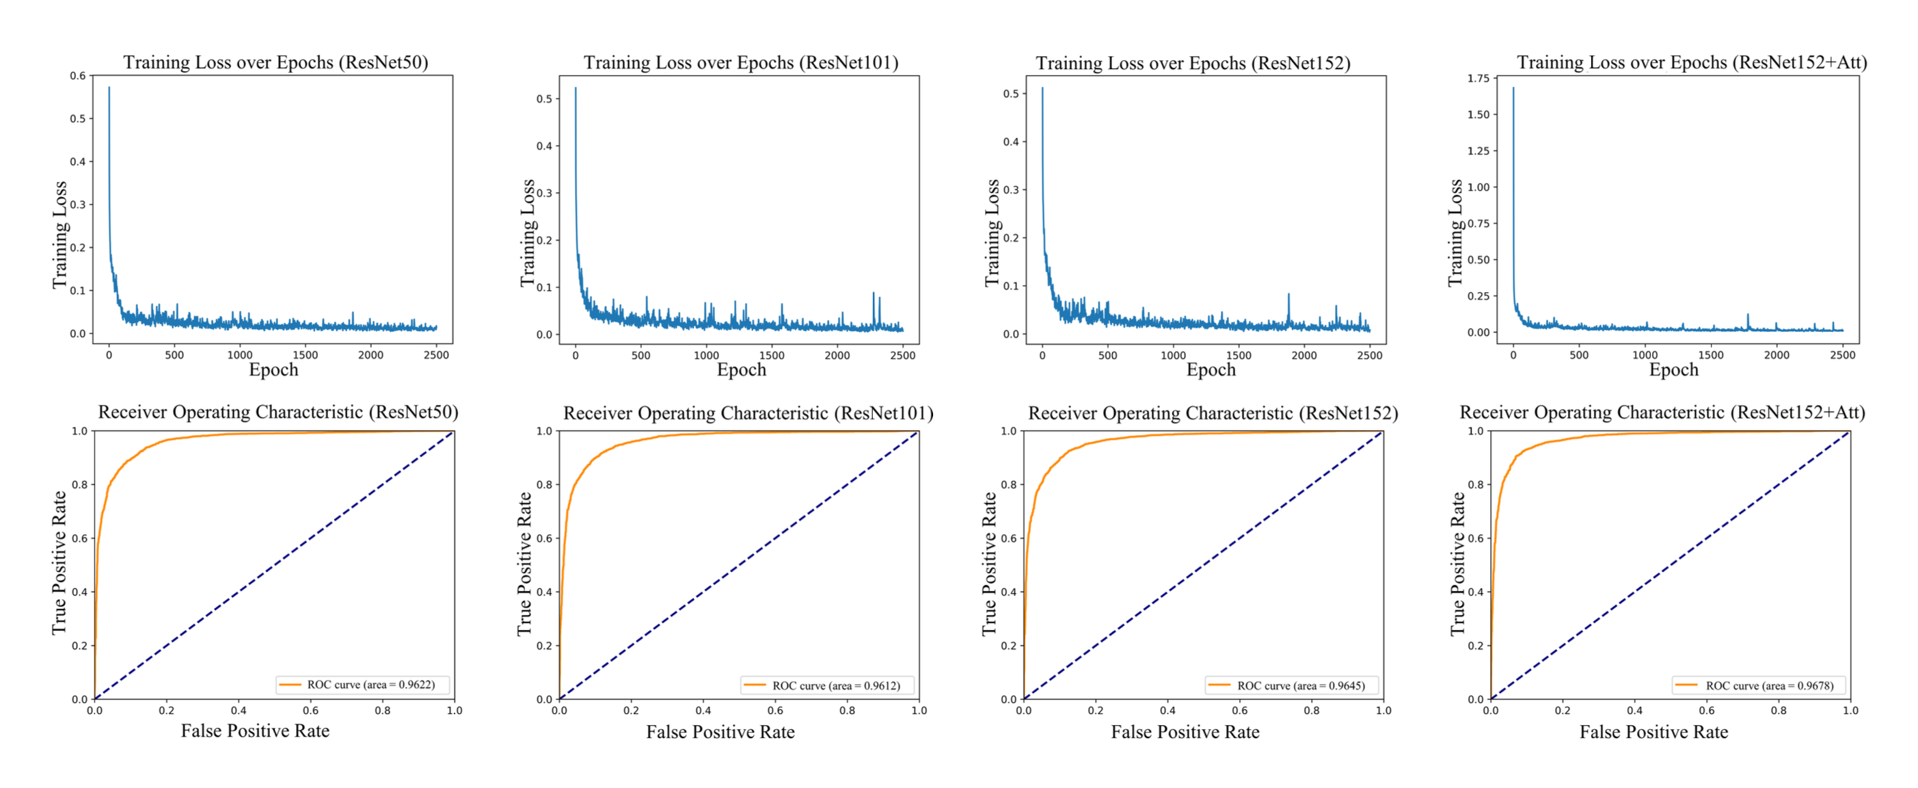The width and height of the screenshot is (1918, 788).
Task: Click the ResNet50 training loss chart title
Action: (x=275, y=62)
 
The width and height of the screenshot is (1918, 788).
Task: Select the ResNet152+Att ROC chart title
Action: (x=1662, y=412)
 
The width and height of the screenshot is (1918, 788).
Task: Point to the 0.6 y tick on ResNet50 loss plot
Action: (x=77, y=76)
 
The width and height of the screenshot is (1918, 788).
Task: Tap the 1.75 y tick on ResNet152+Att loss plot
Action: (x=1478, y=78)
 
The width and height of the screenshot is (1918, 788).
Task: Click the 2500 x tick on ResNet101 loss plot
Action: (x=902, y=356)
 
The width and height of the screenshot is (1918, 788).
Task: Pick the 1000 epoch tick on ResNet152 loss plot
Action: (x=1173, y=356)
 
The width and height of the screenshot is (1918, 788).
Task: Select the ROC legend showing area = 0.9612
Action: (x=827, y=685)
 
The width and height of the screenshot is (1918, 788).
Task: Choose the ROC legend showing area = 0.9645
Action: (x=1292, y=685)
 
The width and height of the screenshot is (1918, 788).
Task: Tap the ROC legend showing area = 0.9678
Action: (x=1760, y=685)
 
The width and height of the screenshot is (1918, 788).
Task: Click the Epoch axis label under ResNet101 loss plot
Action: (x=741, y=370)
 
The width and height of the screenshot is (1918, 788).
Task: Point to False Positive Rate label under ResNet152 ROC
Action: (x=1185, y=732)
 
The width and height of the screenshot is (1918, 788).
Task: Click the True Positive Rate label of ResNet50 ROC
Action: (x=59, y=563)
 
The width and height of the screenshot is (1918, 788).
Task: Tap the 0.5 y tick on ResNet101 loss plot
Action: (x=544, y=99)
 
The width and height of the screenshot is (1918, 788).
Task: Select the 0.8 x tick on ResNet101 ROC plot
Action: (x=847, y=711)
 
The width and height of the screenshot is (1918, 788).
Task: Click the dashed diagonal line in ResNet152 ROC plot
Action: (x=1203, y=565)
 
